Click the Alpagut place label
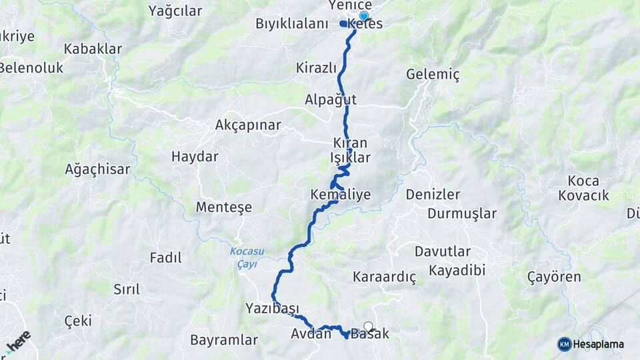pyautogui.click(x=331, y=100)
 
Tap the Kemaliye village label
pyautogui.click(x=340, y=195)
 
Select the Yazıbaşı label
pyautogui.click(x=271, y=308)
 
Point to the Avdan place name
pyautogui.click(x=311, y=334)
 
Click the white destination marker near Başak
pyautogui.click(x=368, y=327)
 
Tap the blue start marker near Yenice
pyautogui.click(x=363, y=16)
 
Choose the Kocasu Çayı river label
pyautogui.click(x=247, y=257)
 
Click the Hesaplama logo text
pyautogui.click(x=598, y=345)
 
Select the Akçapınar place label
pyautogui.click(x=248, y=125)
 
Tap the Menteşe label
pyautogui.click(x=224, y=207)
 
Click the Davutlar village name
pyautogui.click(x=443, y=252)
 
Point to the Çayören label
pyautogui.click(x=554, y=277)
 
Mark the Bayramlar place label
pyautogui.click(x=224, y=340)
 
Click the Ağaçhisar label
pyautogui.click(x=97, y=169)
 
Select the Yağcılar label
pyautogui.click(x=175, y=11)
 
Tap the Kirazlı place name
pyautogui.click(x=316, y=68)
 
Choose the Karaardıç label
pyautogui.click(x=385, y=277)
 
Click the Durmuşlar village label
pyautogui.click(x=462, y=214)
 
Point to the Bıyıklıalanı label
pyautogui.click(x=292, y=24)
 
